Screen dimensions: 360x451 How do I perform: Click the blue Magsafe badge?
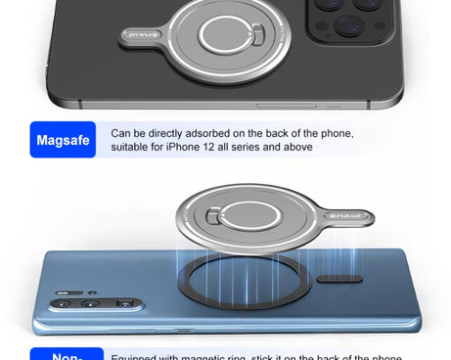63,140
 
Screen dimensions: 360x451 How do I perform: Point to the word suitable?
130,148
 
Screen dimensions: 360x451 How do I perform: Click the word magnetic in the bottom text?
205,356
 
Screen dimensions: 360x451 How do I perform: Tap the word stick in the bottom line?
265,356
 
